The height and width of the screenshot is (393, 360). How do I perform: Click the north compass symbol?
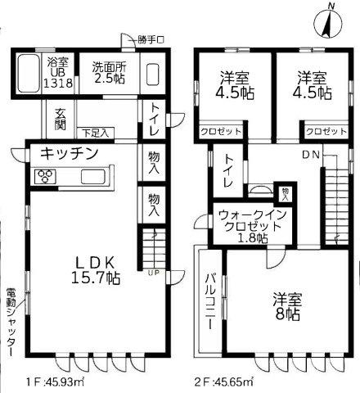pos(328,23)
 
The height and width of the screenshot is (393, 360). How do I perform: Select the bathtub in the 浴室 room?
pos(29,74)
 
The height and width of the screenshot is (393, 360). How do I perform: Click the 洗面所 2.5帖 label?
pos(109,73)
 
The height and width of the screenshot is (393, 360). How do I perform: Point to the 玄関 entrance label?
pos(61,119)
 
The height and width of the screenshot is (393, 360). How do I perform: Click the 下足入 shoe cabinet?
pos(96,133)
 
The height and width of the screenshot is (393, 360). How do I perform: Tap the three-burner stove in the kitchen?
pos(45,176)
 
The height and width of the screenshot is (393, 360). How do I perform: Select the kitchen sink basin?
pos(92,176)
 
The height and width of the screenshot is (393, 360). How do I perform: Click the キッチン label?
pos(69,153)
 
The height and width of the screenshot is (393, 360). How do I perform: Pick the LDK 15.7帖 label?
pos(96,270)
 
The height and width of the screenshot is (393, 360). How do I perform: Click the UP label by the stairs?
pos(153,273)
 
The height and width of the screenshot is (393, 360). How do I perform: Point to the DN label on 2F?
pos(311,155)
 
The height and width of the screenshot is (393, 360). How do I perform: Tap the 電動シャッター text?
pos(11,322)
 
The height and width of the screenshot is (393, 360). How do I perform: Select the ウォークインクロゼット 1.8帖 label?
pos(253,227)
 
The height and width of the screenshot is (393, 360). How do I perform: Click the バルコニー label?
pos(210,301)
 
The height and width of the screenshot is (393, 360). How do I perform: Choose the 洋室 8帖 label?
pos(287,306)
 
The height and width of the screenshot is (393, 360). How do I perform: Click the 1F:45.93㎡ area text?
pos(55,382)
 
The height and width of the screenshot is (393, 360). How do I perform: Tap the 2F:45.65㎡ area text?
pos(224,382)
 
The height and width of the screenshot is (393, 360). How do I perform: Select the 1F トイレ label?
pos(155,119)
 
